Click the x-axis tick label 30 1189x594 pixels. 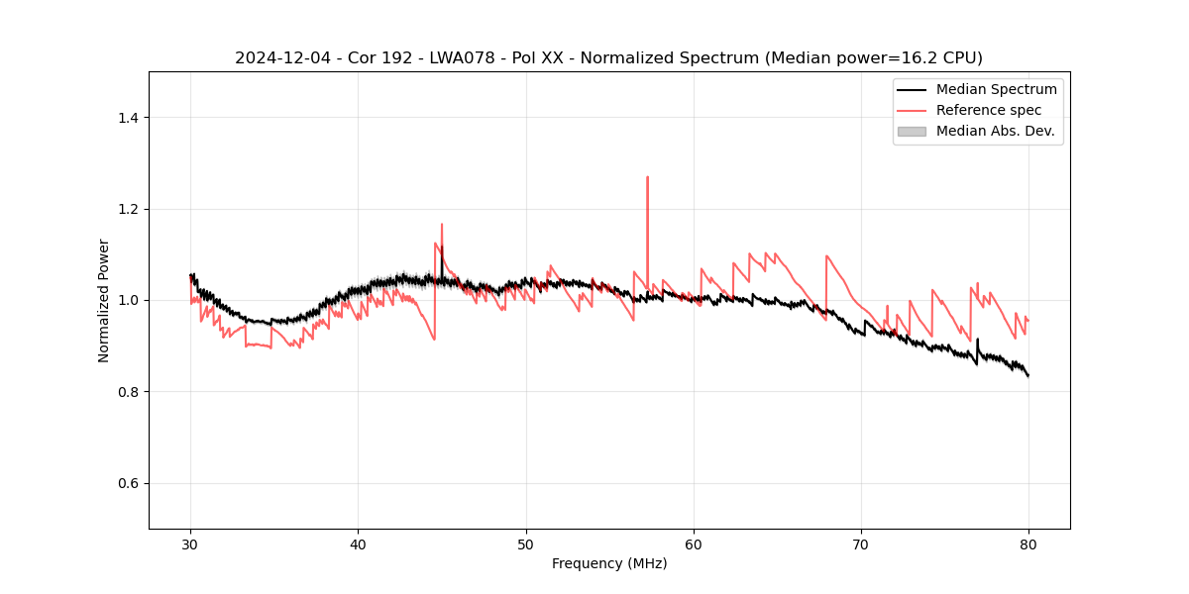click(191, 544)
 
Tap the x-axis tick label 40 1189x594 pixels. click(359, 544)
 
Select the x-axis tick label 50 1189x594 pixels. click(526, 544)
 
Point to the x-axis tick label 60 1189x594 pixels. click(694, 544)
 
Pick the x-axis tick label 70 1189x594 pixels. click(861, 544)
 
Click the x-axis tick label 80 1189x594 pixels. click(1028, 544)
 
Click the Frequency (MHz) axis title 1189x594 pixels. click(609, 563)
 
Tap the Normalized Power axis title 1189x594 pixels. click(104, 300)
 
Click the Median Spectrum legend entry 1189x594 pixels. click(996, 89)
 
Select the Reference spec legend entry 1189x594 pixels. click(988, 110)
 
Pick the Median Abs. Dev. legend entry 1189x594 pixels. click(995, 131)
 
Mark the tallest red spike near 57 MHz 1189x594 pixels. click(647, 178)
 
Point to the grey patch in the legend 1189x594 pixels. click(912, 131)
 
